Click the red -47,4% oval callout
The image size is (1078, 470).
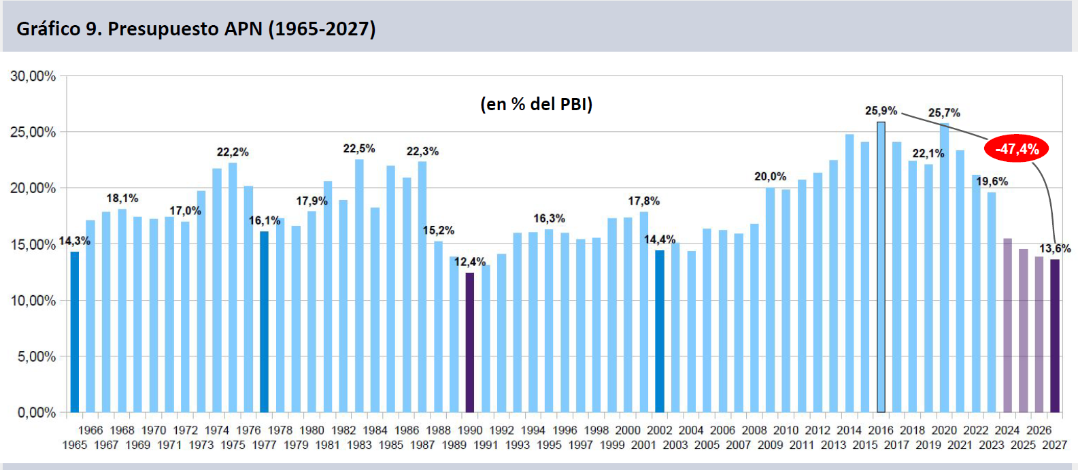pyautogui.click(x=1016, y=149)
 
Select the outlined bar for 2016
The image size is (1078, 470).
pyautogui.click(x=881, y=267)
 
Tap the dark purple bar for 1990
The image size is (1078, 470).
pyautogui.click(x=470, y=343)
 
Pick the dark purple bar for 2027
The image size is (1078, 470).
pyautogui.click(x=1055, y=336)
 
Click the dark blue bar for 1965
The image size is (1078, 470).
pyautogui.click(x=75, y=332)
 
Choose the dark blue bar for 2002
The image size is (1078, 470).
pyautogui.click(x=660, y=331)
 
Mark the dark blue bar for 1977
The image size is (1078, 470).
pyautogui.click(x=264, y=322)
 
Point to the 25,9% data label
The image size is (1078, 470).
pyautogui.click(x=881, y=111)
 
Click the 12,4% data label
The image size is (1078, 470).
pyautogui.click(x=470, y=262)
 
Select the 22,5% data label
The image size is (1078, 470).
pyautogui.click(x=359, y=149)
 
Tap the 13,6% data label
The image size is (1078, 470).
pyautogui.click(x=1055, y=249)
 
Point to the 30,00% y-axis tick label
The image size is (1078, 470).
pyautogui.click(x=33, y=76)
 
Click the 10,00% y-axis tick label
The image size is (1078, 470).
pyautogui.click(x=33, y=301)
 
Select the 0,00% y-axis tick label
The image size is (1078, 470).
pyautogui.click(x=37, y=413)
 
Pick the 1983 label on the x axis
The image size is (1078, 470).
pyautogui.click(x=359, y=445)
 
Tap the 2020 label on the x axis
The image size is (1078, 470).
pyautogui.click(x=944, y=430)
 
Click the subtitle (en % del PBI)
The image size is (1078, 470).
pyautogui.click(x=537, y=104)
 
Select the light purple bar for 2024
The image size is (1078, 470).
pyautogui.click(x=1008, y=325)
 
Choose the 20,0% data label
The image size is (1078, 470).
pyautogui.click(x=770, y=177)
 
